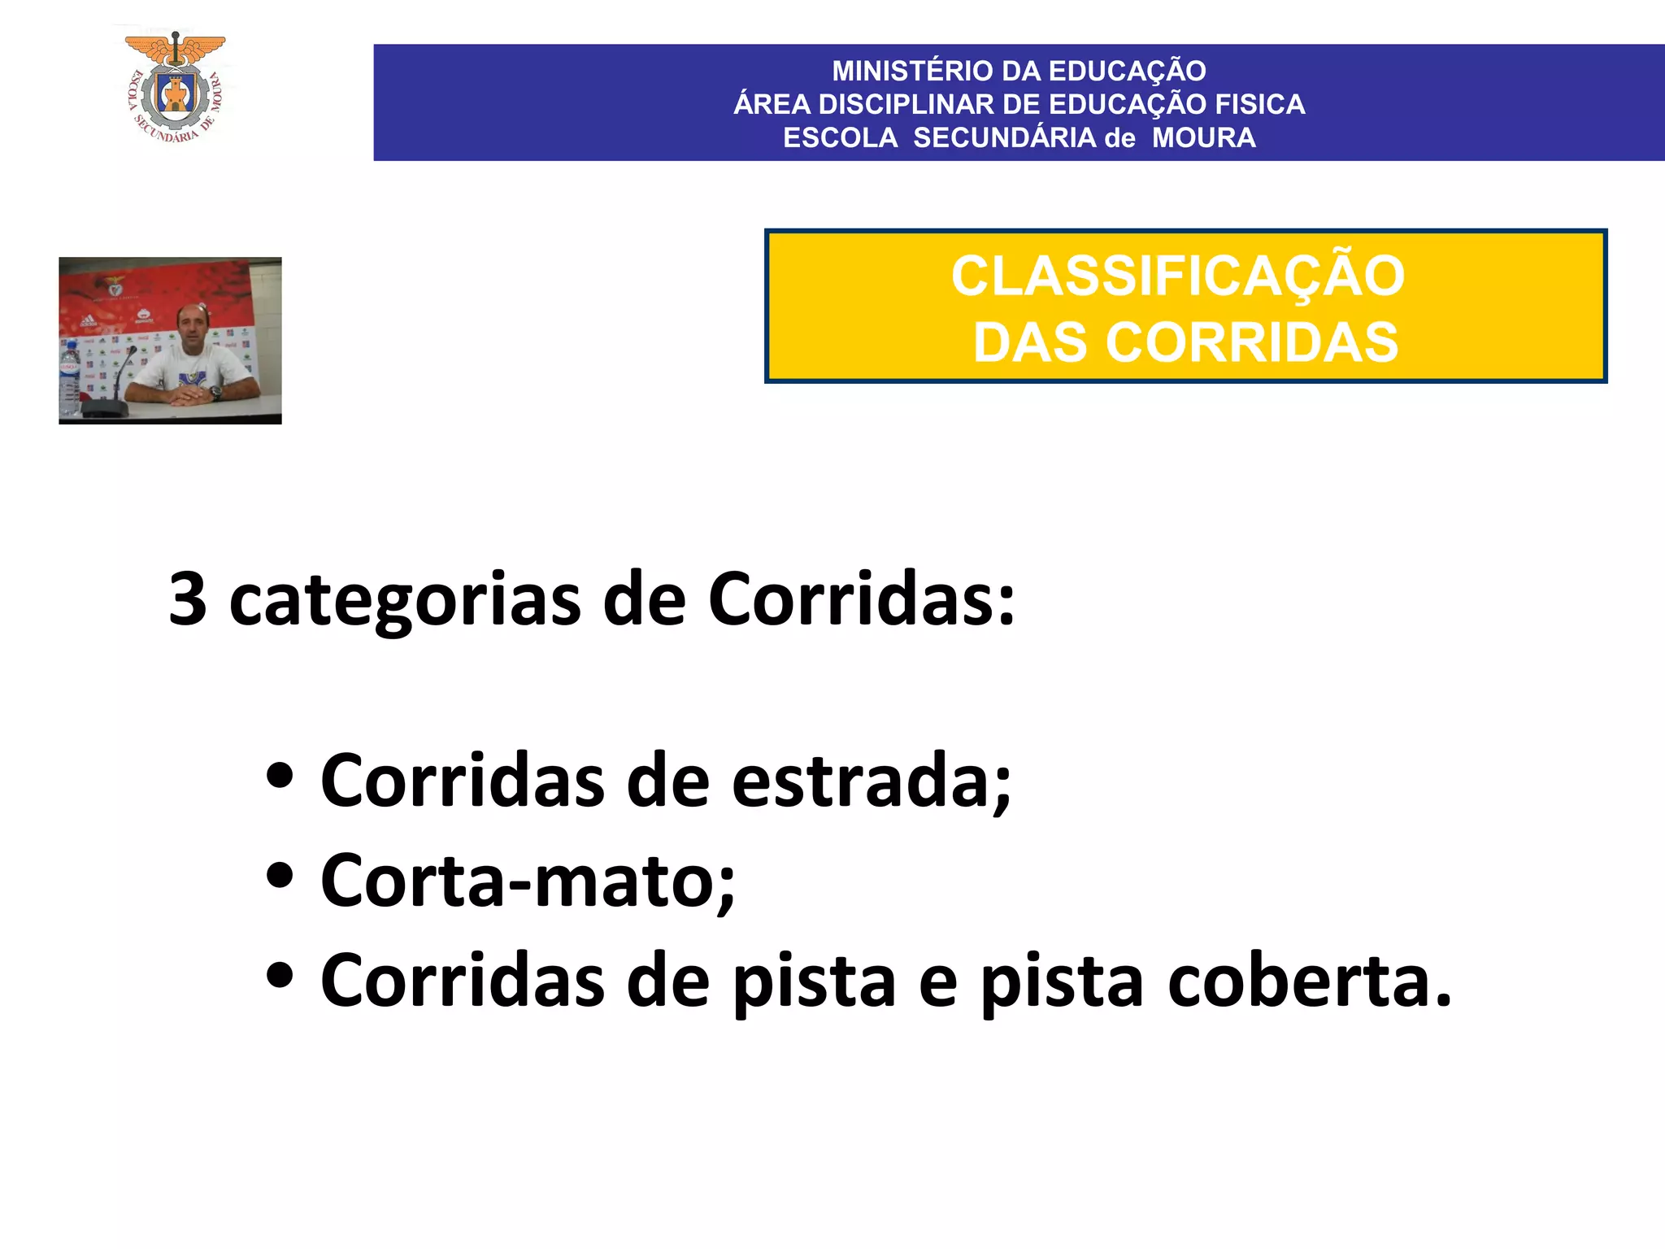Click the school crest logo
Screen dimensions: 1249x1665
(x=176, y=88)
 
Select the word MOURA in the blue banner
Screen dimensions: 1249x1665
(x=1203, y=138)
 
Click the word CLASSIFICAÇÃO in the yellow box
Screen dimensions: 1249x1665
(x=1178, y=276)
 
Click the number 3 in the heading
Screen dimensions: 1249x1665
(x=188, y=599)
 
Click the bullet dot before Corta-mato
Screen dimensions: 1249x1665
(x=279, y=877)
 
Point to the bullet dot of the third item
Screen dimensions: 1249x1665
(x=279, y=977)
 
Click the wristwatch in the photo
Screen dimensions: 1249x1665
(x=215, y=393)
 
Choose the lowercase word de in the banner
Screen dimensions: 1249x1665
(x=1119, y=138)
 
